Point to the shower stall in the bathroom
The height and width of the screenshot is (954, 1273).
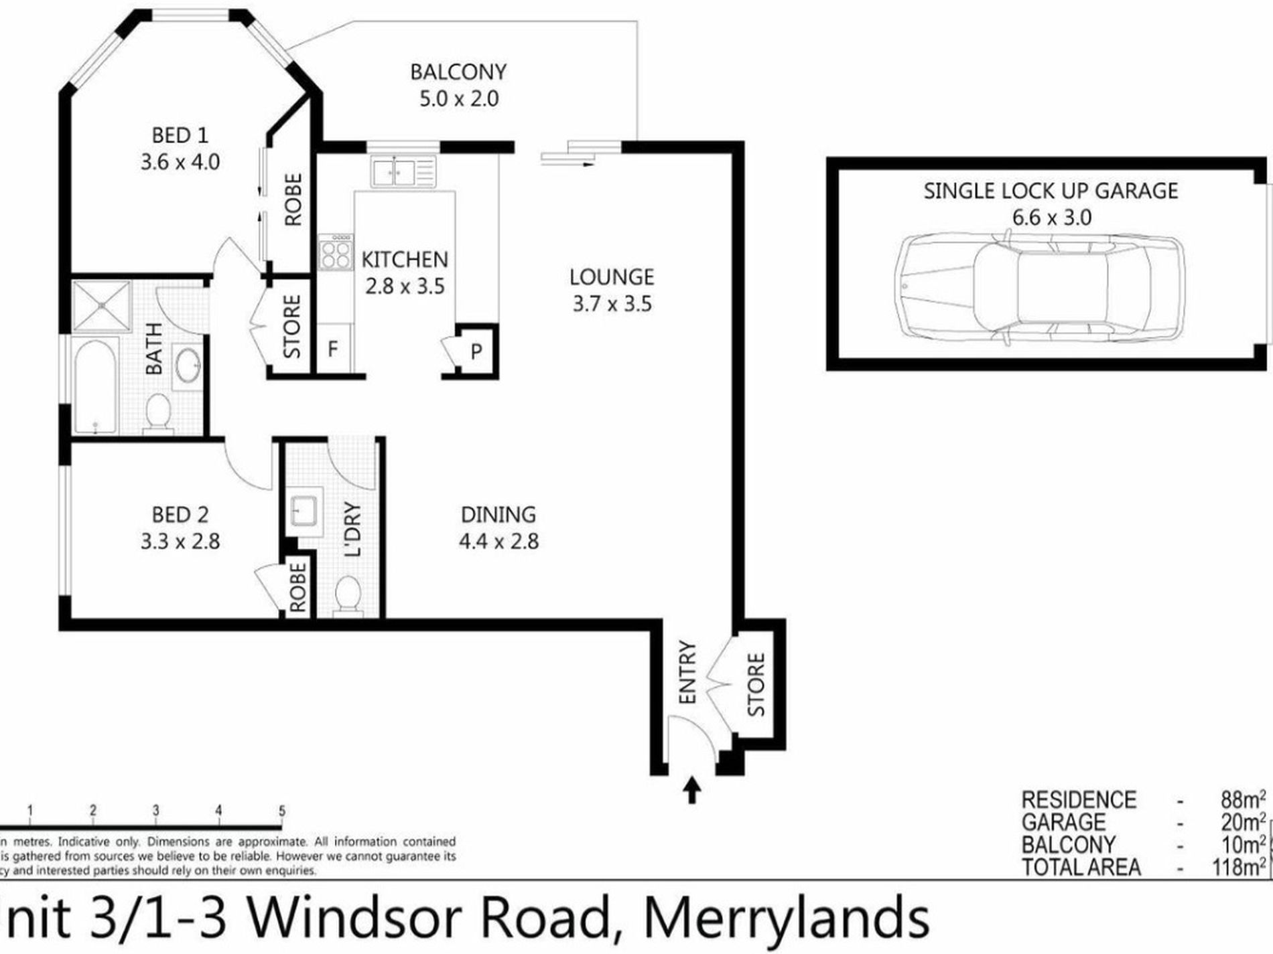tap(101, 305)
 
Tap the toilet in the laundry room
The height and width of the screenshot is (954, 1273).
tap(348, 594)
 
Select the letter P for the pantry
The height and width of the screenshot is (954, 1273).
tap(476, 351)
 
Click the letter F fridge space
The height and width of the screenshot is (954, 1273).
tap(332, 349)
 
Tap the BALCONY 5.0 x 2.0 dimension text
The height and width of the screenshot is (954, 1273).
tap(459, 99)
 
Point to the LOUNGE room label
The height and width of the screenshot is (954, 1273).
tap(611, 276)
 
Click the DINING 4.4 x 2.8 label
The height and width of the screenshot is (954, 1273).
tap(498, 528)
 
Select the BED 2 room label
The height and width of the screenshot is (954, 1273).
tap(180, 514)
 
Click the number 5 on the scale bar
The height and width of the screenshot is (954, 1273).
tap(282, 811)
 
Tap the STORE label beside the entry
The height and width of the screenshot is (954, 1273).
tap(756, 684)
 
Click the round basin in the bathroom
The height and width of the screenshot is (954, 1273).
tap(188, 365)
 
